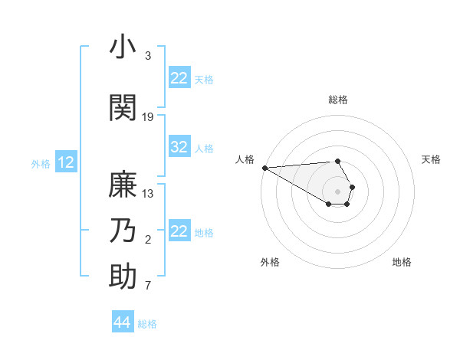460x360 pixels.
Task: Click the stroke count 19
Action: click(148, 116)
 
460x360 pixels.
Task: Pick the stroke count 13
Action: click(148, 194)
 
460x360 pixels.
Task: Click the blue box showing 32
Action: click(179, 148)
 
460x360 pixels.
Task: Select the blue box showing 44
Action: click(123, 322)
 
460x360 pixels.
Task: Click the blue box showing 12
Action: click(66, 162)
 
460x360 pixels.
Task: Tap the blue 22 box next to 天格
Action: click(179, 78)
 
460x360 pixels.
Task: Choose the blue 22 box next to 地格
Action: click(179, 231)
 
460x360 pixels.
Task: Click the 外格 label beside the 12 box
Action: click(41, 163)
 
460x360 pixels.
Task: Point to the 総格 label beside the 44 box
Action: click(147, 324)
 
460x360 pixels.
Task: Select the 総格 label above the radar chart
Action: click(337, 100)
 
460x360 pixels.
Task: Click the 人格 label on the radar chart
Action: click(245, 159)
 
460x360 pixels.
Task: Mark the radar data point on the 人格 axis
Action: click(264, 168)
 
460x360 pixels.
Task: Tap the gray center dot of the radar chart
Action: click(337, 191)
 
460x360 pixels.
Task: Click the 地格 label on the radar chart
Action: click(402, 262)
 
